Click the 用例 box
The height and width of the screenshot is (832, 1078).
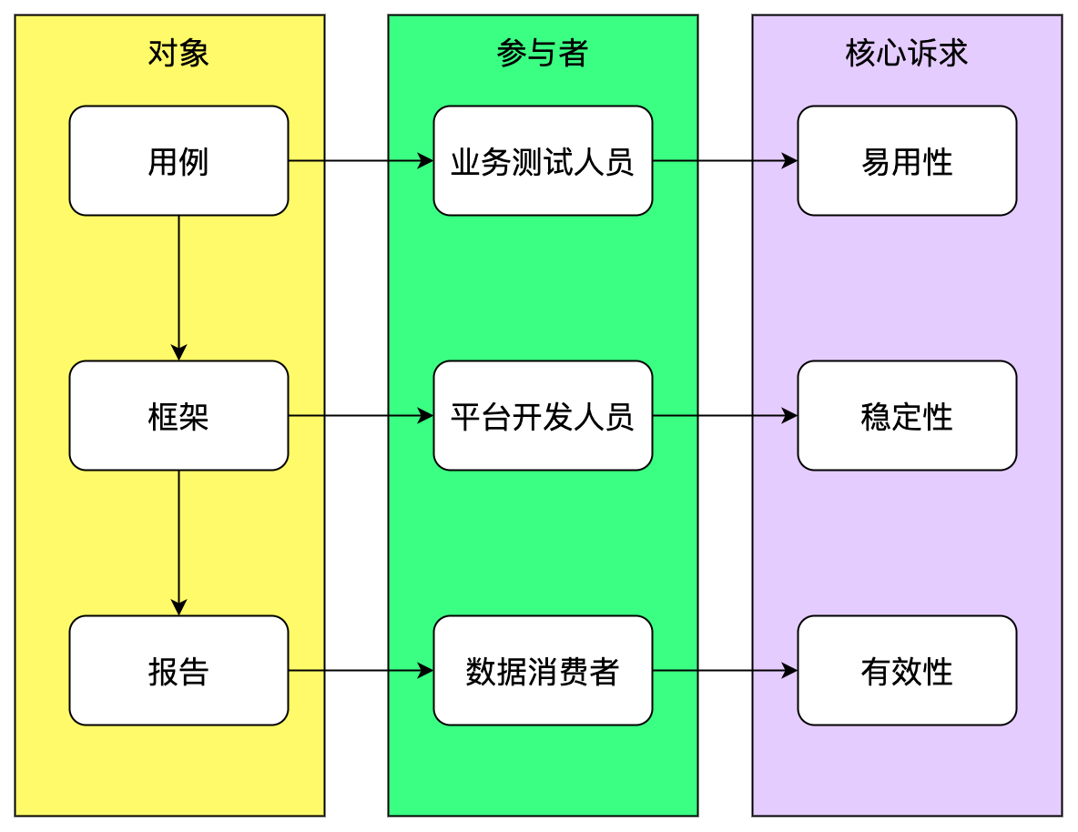[178, 161]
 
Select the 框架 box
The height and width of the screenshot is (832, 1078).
[178, 416]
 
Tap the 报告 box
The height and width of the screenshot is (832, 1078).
[178, 671]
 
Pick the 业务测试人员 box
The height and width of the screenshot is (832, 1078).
[543, 161]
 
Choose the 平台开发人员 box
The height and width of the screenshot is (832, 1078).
[543, 416]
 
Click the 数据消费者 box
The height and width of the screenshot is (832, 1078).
[543, 671]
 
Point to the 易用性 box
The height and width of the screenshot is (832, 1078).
[907, 161]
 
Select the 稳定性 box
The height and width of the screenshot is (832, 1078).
[907, 416]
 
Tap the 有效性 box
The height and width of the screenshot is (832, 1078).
[907, 671]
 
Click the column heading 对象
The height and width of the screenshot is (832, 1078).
[178, 54]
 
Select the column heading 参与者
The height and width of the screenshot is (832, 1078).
[543, 54]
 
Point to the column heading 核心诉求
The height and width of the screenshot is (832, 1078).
[907, 54]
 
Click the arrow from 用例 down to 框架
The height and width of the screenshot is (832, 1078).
[178, 288]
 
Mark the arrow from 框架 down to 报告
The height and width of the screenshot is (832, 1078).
[178, 543]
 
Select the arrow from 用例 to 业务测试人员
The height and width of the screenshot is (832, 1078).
[361, 161]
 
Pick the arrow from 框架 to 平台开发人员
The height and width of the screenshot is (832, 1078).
[361, 416]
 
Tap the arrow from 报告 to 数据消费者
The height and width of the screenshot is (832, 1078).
[361, 671]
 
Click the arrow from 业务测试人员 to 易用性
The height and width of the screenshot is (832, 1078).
[725, 161]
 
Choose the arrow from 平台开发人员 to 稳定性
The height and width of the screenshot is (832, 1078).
[725, 416]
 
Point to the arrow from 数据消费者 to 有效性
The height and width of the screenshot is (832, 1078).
[725, 671]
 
